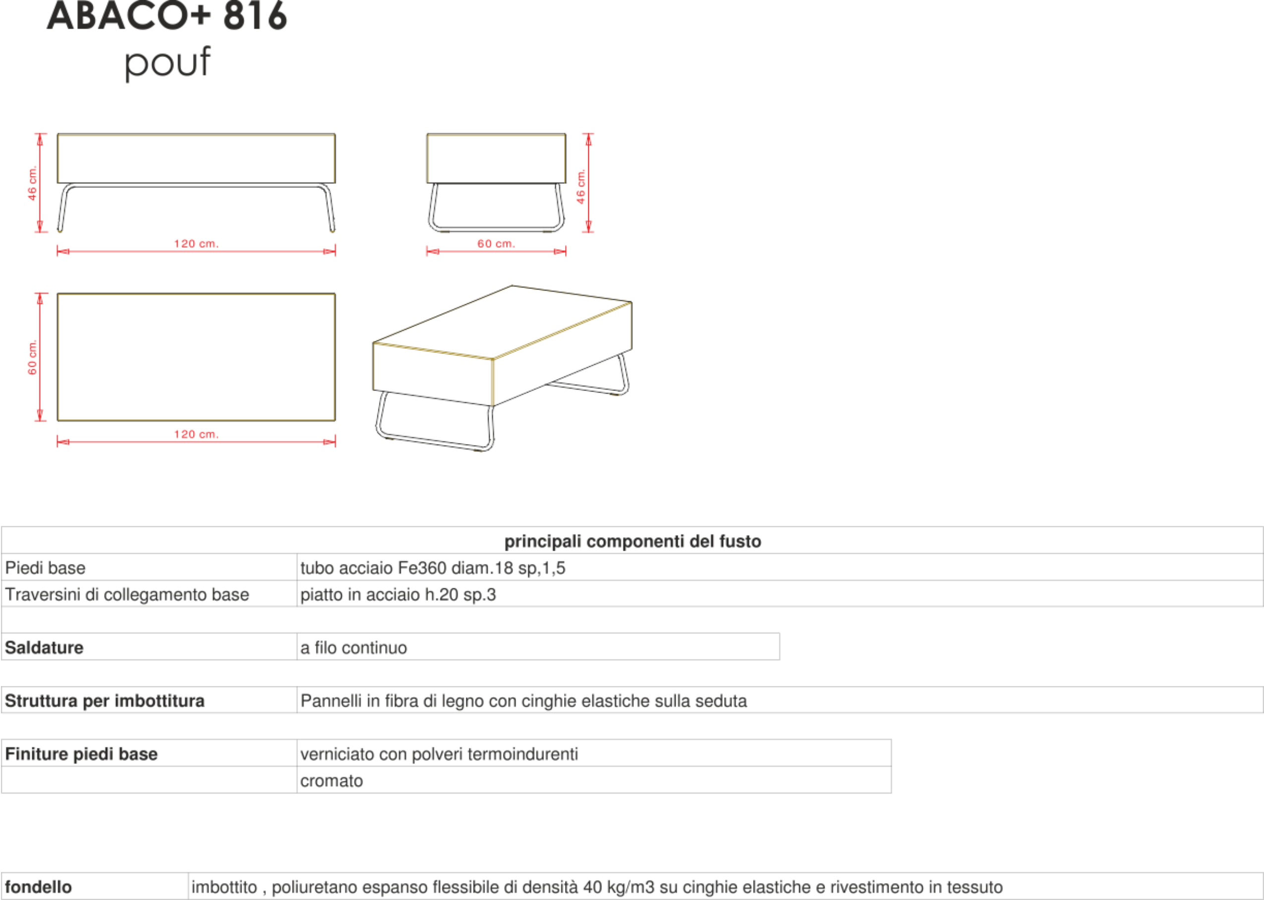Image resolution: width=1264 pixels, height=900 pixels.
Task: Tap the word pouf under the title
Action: [167, 62]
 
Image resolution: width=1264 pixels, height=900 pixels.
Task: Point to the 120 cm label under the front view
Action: [196, 244]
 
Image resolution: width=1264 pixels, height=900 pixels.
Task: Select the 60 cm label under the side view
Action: [496, 244]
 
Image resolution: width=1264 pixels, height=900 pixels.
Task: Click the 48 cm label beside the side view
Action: [581, 186]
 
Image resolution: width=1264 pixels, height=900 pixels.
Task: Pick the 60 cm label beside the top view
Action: [32, 357]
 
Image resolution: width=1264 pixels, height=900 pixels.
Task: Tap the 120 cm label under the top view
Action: [196, 435]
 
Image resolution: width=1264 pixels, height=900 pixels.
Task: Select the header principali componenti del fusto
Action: [632, 542]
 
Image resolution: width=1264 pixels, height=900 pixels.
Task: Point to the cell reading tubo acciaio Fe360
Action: [433, 568]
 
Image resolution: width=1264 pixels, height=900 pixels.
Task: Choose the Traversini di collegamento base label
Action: [127, 595]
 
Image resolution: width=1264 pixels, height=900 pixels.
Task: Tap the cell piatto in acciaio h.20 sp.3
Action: [398, 595]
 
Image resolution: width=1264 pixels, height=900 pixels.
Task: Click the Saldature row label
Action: [44, 647]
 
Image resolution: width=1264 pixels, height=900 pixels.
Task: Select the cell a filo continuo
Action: [353, 647]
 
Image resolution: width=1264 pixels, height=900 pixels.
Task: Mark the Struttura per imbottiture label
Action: [104, 700]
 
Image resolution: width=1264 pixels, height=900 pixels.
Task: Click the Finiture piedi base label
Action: [81, 754]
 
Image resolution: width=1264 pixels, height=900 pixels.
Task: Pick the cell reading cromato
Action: [331, 781]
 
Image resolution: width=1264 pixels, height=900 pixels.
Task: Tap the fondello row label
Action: [38, 887]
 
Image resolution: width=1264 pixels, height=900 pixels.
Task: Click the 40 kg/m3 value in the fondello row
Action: [618, 887]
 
